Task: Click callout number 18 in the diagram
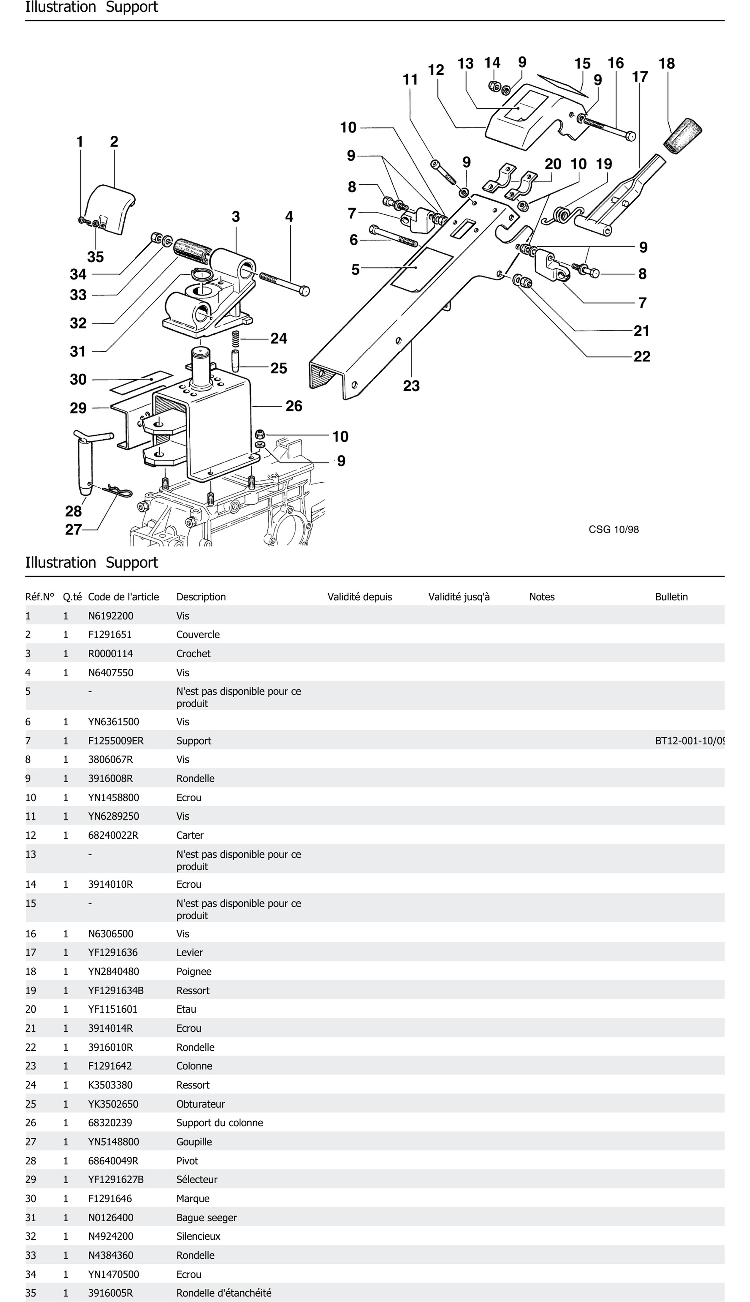pos(667,63)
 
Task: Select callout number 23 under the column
pos(411,386)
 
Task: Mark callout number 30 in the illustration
pos(78,379)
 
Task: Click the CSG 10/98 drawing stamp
pos(613,529)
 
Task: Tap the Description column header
pos(201,597)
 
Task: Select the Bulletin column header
pos(671,597)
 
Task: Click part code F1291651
pos(110,634)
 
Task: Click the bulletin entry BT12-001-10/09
pos(690,741)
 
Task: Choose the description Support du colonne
pos(219,1123)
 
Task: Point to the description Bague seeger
pos(207,1218)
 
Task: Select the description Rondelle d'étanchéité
pos(223,1293)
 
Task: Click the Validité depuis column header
pos(360,597)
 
